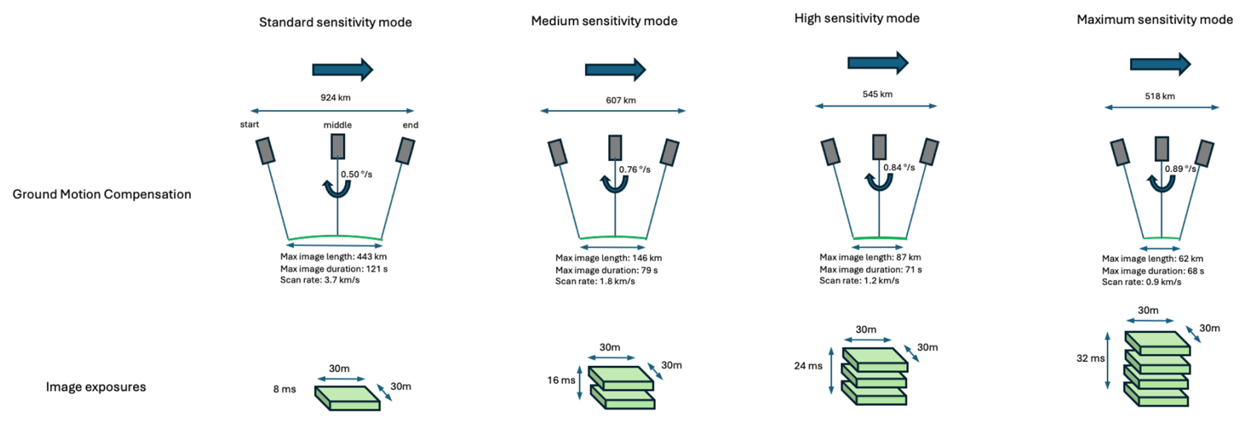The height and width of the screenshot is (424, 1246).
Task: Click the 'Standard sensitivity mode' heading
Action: [335, 22]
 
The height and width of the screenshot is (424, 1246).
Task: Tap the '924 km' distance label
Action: [335, 98]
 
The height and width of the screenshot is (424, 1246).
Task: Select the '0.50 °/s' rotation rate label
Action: [356, 174]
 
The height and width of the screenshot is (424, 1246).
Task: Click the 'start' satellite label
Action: [250, 125]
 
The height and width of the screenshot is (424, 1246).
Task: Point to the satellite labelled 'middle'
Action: [338, 146]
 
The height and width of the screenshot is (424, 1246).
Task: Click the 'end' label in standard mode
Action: [410, 125]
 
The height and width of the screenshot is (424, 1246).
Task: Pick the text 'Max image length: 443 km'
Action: [333, 257]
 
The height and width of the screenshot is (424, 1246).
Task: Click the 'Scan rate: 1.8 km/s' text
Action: [595, 282]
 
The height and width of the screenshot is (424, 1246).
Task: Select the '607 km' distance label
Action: [620, 100]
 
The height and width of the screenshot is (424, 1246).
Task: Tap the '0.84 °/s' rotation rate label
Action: [899, 167]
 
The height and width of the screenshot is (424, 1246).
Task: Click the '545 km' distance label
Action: [877, 94]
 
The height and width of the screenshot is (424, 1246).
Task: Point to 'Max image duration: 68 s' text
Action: [1152, 271]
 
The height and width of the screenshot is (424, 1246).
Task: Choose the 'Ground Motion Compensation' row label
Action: [102, 195]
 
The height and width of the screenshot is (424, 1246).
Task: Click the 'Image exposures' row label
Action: [96, 387]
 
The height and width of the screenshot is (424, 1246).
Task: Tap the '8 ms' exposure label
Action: [284, 389]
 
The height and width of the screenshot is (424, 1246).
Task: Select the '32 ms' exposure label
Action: [1091, 359]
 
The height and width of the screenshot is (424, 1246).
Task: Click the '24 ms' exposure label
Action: [808, 366]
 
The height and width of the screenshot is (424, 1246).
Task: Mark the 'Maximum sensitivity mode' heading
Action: [1154, 20]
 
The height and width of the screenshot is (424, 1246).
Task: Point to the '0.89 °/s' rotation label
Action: [1180, 169]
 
